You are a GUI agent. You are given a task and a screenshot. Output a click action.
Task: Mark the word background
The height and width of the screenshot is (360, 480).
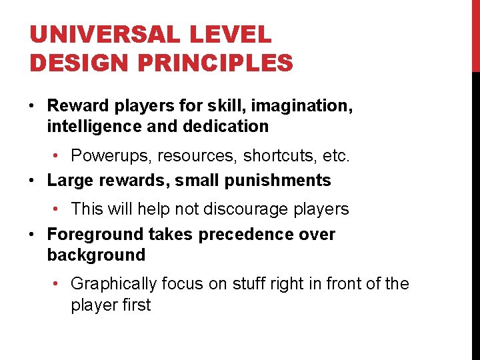[96, 255]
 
